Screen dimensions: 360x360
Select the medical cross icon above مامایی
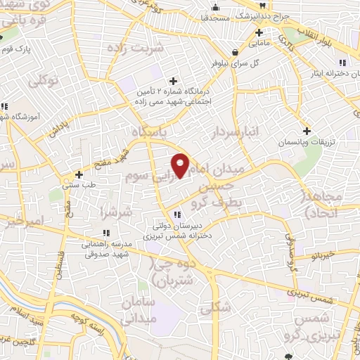coord(259,32)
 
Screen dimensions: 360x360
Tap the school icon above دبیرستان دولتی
coord(176,214)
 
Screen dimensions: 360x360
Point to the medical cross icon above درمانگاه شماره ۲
coord(172,80)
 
